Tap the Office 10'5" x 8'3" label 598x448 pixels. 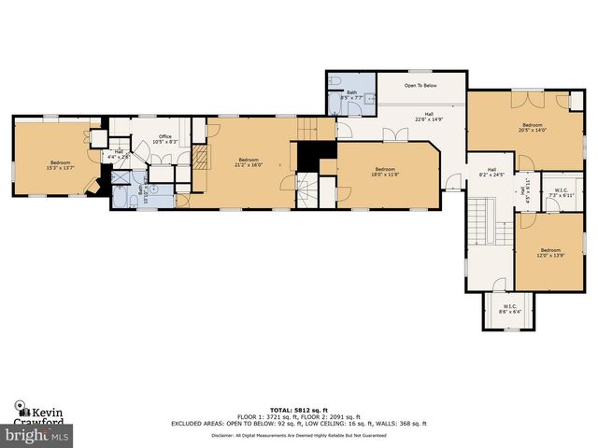[x=164, y=139]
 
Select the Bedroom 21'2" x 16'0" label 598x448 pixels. [x=249, y=162]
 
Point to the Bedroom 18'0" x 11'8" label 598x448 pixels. [x=386, y=171]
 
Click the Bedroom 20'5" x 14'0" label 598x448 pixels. [x=533, y=127]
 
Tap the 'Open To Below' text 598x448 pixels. [x=421, y=85]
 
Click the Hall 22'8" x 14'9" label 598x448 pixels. [x=422, y=117]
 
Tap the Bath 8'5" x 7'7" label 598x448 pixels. [x=352, y=94]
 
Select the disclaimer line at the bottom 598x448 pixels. [x=298, y=435]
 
